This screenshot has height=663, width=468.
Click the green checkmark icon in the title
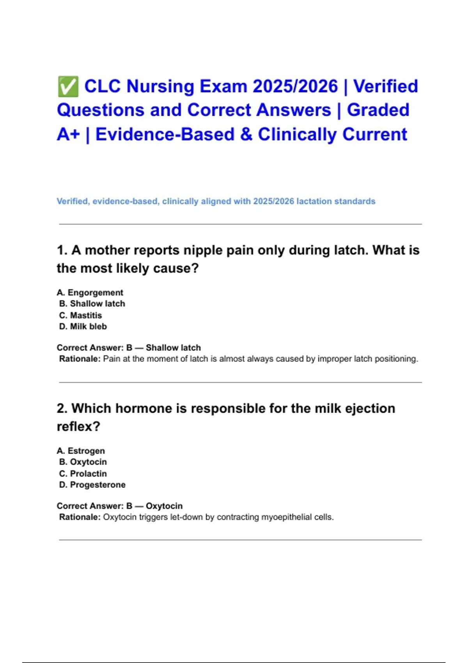pos(68,87)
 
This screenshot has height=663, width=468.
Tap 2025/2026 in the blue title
pos(295,87)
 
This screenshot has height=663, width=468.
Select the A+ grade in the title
pos(68,135)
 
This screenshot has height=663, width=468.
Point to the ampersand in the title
pos(246,135)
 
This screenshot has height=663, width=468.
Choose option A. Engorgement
pos(90,292)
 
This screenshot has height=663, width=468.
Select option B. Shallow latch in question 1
pos(92,304)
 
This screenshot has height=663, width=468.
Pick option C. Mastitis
pos(81,315)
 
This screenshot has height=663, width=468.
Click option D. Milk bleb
pos(83,326)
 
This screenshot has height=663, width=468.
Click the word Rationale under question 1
pos(80,359)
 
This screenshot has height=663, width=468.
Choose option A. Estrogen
pos(81,451)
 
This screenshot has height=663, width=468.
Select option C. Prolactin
pos(83,473)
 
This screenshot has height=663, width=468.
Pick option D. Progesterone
pos(92,485)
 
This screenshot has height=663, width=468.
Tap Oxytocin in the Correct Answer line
pos(164,506)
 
